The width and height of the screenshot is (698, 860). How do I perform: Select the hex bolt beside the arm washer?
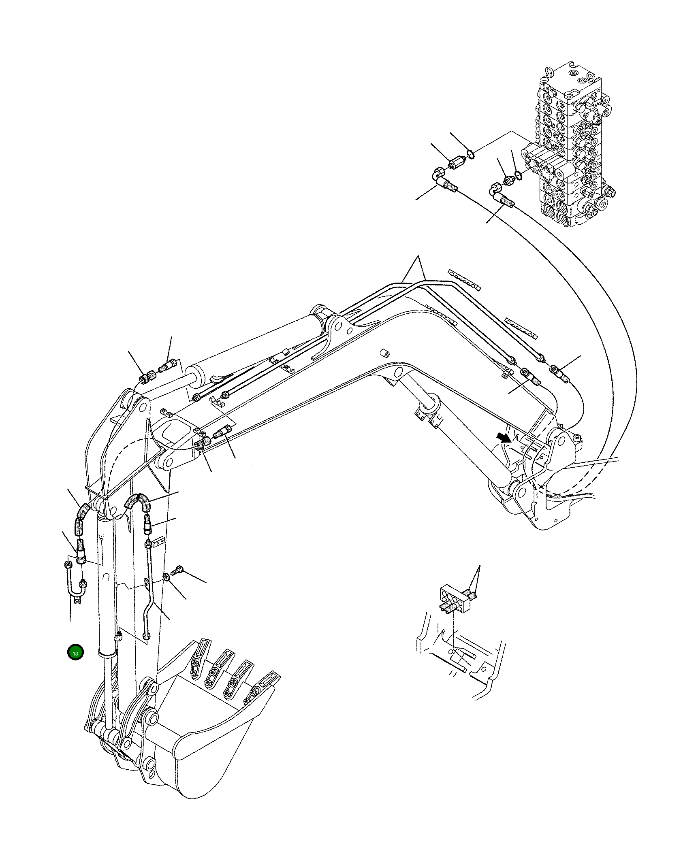click(x=177, y=570)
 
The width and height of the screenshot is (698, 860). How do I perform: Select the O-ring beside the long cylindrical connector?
click(x=470, y=153)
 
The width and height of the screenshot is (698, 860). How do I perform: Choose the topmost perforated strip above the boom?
click(x=464, y=279)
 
